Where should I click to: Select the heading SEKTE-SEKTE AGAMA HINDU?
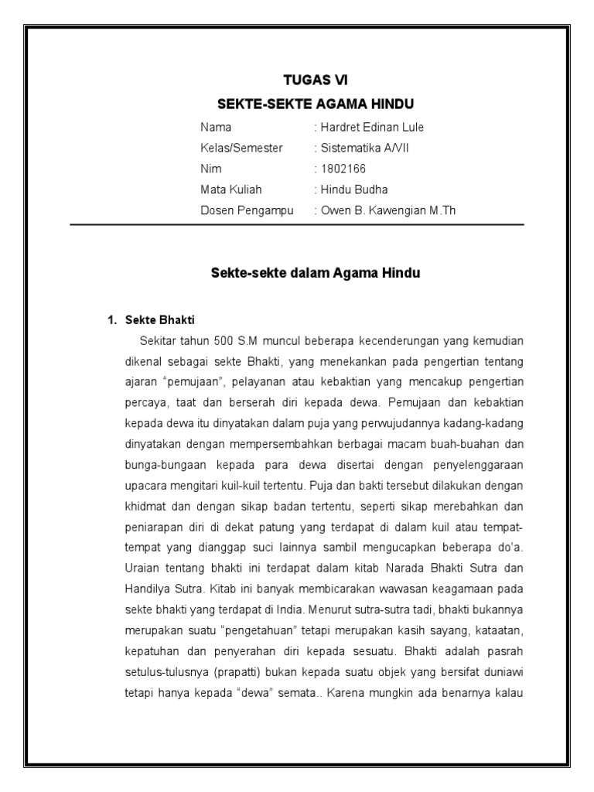click(316, 104)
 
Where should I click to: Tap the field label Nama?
click(216, 127)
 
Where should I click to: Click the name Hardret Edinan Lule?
click(370, 127)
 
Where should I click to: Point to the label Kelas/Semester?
click(241, 148)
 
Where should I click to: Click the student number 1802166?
click(343, 169)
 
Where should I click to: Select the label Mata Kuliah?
click(231, 189)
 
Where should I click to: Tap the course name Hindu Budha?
click(354, 189)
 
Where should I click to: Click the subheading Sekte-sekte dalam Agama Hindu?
click(316, 273)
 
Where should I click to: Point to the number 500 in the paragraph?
click(234, 340)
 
